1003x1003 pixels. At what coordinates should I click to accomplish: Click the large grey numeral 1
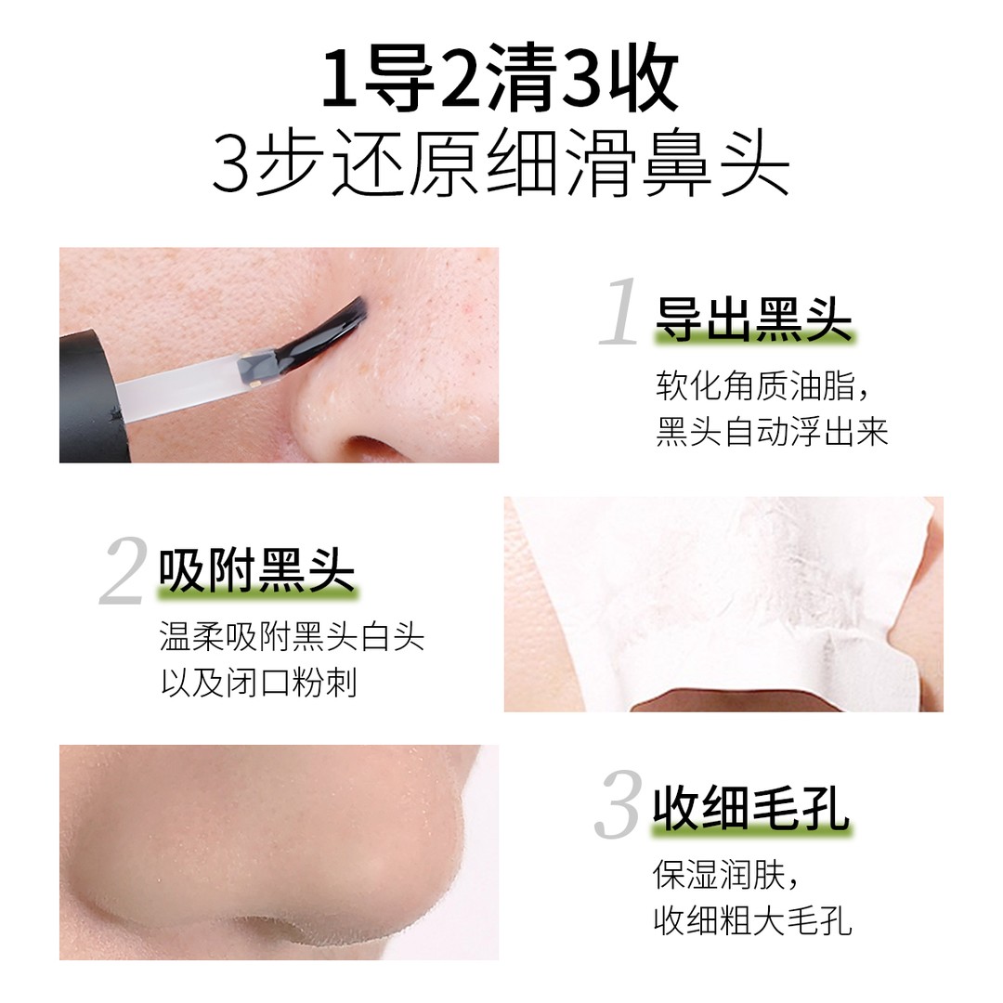[620, 313]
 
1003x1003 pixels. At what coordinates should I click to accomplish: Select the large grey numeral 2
[124, 571]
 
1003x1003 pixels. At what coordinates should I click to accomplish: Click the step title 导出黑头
[753, 319]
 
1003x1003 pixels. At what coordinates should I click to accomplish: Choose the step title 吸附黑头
[257, 569]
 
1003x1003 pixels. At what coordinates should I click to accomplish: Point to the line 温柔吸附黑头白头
[292, 637]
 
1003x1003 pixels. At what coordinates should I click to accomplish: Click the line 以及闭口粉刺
[258, 684]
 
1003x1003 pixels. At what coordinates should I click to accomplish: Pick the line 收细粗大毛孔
[752, 921]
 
